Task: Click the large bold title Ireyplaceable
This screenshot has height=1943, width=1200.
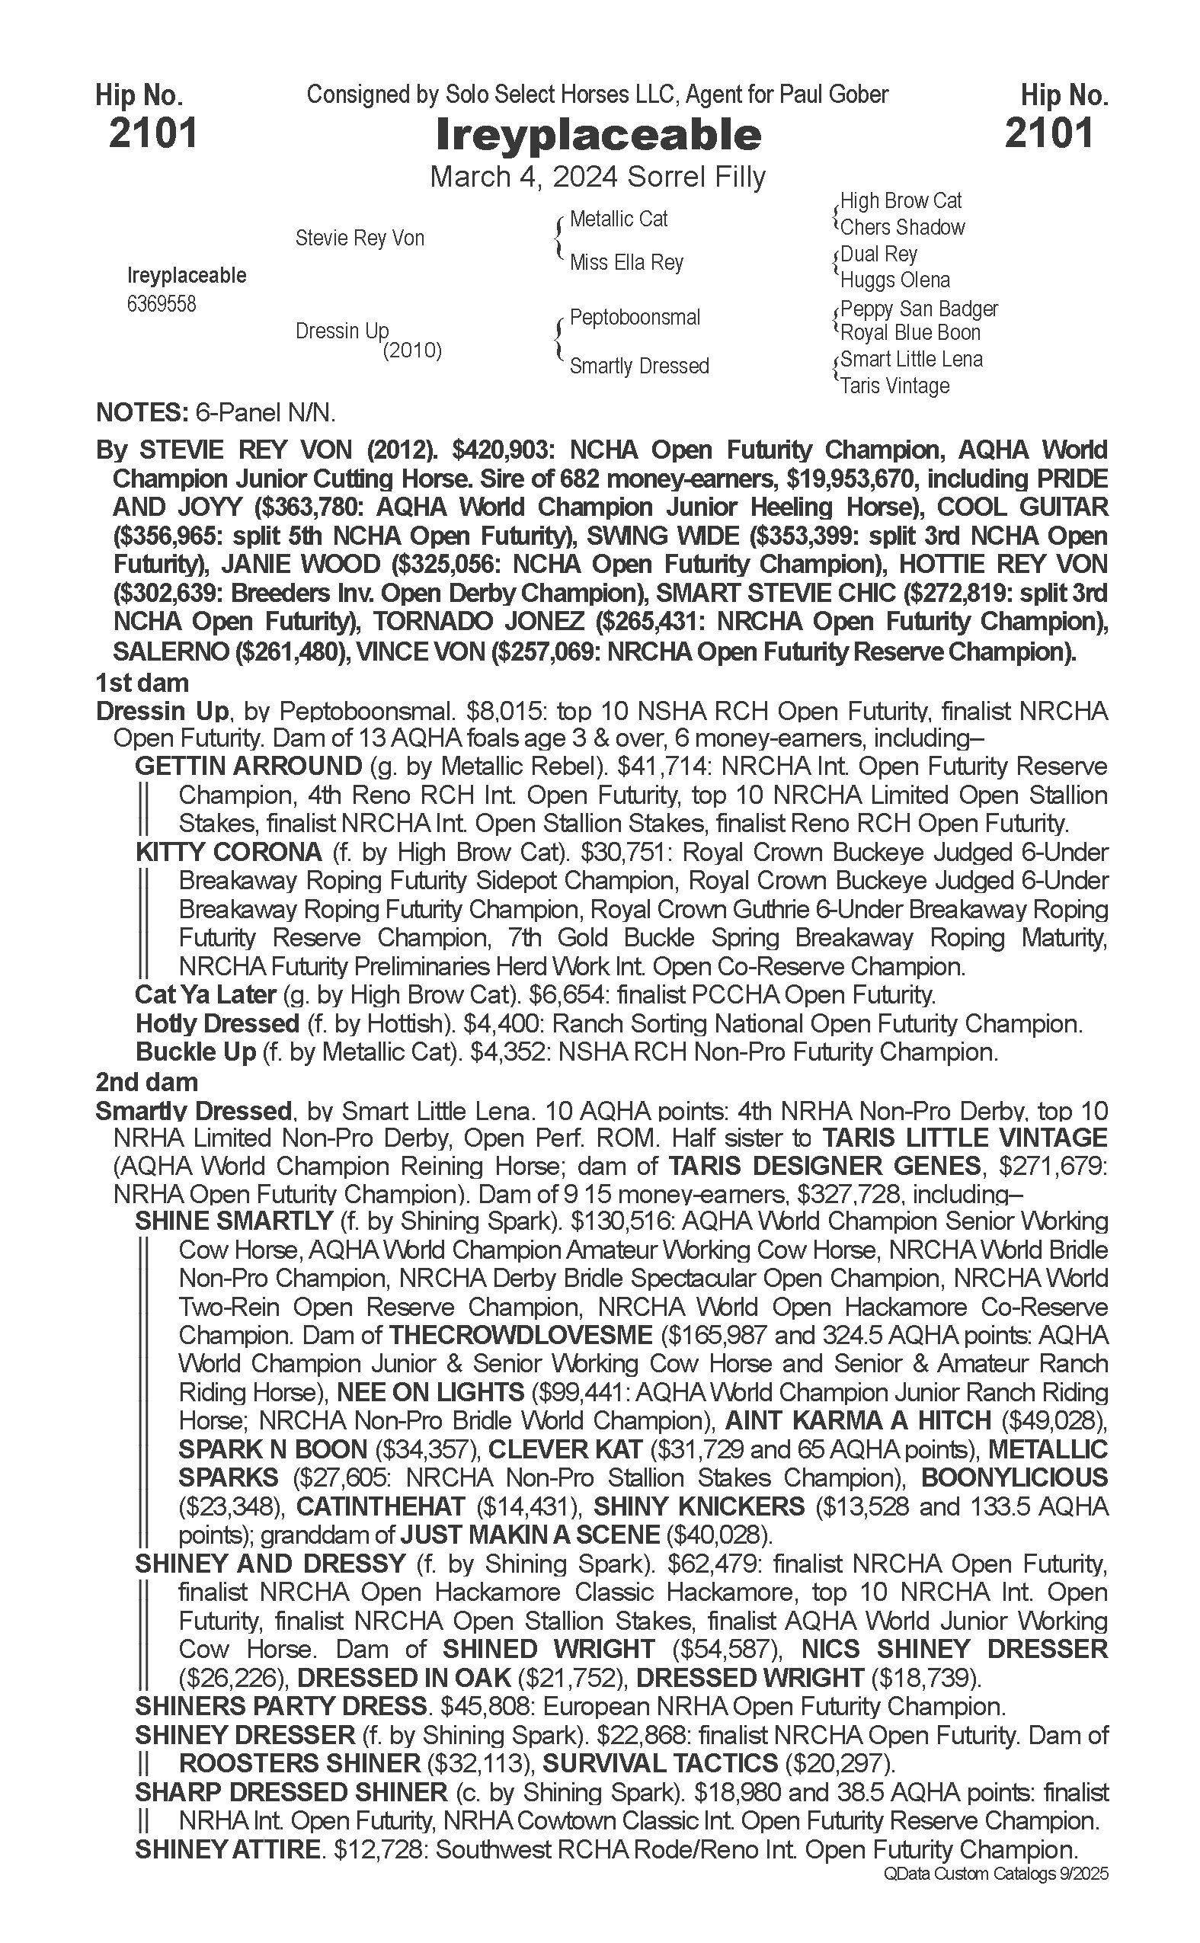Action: click(598, 135)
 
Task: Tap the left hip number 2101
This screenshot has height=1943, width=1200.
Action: click(152, 133)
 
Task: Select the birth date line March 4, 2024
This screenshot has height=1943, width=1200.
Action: click(597, 176)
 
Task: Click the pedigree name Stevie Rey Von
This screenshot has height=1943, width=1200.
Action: click(360, 238)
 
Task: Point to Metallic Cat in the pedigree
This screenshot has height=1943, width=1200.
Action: click(618, 219)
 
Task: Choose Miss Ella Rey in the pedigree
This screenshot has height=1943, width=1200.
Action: click(626, 263)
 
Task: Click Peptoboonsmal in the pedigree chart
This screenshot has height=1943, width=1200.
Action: click(635, 318)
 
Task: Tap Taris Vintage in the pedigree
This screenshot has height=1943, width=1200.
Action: click(894, 386)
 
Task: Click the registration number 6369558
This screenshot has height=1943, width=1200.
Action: click(161, 304)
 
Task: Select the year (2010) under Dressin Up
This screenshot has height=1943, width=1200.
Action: click(412, 351)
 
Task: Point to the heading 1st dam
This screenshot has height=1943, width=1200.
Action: click(142, 683)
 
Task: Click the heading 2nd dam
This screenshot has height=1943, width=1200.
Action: click(147, 1082)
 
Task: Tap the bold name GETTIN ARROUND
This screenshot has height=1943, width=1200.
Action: click(248, 767)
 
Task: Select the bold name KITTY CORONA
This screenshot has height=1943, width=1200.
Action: click(229, 853)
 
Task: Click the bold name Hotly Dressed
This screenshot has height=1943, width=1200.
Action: click(216, 1024)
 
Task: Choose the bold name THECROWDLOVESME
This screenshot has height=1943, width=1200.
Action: click(520, 1335)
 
